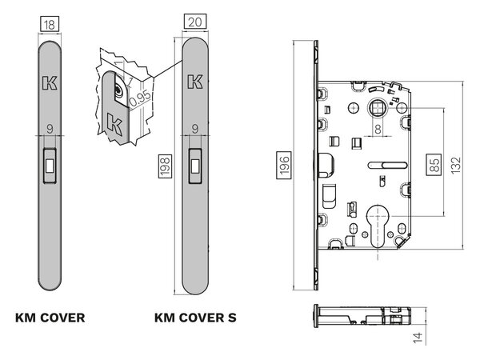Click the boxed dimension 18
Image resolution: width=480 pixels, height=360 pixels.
tap(50, 25)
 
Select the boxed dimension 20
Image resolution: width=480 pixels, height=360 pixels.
tap(195, 22)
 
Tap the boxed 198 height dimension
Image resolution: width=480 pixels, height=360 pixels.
tap(165, 166)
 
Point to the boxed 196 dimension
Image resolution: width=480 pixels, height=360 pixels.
tap(284, 165)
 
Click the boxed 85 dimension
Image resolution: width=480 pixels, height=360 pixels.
tap(434, 165)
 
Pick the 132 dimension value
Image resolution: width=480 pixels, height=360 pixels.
tap(455, 166)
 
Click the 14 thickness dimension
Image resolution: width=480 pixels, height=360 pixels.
tap(418, 337)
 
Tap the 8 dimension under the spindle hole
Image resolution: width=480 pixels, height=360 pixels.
tap(378, 129)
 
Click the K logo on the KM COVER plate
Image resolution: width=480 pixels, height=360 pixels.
tap(50, 83)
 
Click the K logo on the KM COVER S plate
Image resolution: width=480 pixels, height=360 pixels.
tap(195, 82)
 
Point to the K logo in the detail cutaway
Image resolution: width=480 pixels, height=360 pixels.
tap(114, 122)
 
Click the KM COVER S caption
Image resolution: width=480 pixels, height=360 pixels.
tap(195, 318)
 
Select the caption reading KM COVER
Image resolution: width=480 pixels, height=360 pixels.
tap(50, 318)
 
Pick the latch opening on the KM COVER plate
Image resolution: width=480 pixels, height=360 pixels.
tap(50, 166)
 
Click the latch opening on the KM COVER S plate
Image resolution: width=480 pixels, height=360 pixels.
tap(195, 166)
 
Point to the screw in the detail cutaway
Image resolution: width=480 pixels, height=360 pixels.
tap(118, 90)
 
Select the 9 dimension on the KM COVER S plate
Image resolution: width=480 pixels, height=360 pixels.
tap(195, 129)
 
